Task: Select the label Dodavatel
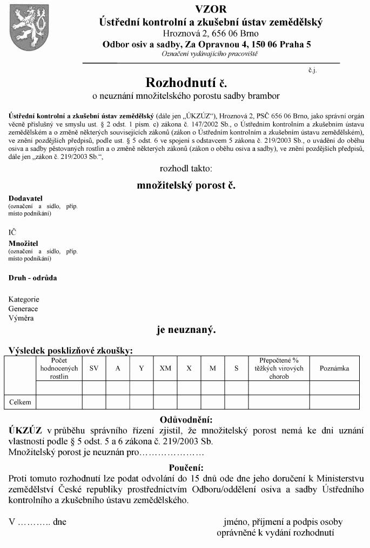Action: coord(25,198)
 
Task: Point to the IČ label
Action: coord(12,232)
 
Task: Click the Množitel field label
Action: coord(23,243)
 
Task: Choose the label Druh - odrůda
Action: coord(32,278)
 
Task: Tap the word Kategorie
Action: coord(24,299)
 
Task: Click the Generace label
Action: coord(23,309)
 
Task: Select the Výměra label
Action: coord(21,318)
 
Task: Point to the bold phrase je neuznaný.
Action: coord(186,330)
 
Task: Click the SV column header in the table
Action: coord(94,369)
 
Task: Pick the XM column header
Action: coord(165,369)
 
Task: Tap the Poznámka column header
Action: coord(334,369)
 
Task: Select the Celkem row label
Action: coord(21,402)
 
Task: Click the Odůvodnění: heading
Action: coord(186,420)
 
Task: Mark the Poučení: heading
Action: coord(186,467)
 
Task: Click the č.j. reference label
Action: coord(312,70)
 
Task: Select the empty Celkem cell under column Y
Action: coord(142,402)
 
